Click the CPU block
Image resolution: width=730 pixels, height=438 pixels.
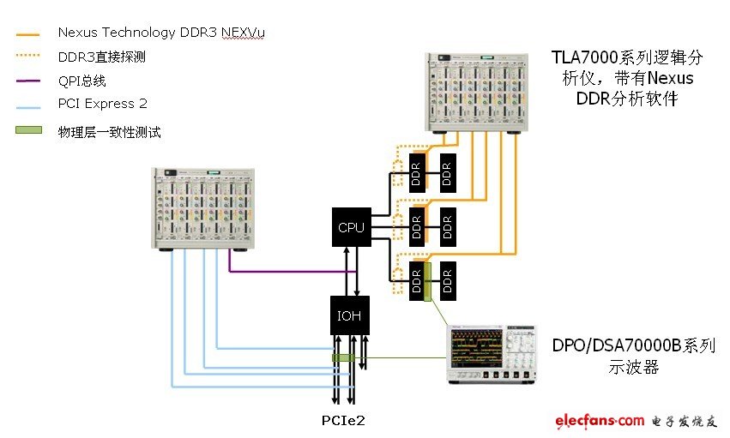pyautogui.click(x=351, y=227)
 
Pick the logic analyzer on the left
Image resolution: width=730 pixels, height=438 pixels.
pyautogui.click(x=207, y=209)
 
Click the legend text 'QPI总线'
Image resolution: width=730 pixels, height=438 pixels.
pyautogui.click(x=82, y=81)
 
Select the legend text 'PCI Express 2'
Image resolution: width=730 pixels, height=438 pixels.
pyautogui.click(x=102, y=105)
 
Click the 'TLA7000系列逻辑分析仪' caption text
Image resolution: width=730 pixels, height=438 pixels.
pyautogui.click(x=626, y=78)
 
